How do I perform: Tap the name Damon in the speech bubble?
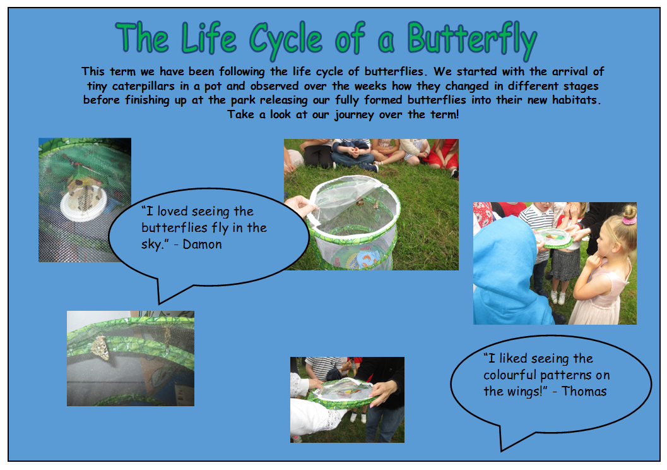[x=202, y=244]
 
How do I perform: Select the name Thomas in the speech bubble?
[x=584, y=391]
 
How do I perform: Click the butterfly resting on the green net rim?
[x=100, y=348]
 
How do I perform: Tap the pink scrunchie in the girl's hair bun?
[x=629, y=220]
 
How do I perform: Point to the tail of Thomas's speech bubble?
[x=502, y=450]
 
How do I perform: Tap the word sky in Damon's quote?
[x=151, y=245]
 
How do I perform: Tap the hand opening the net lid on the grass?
[x=300, y=206]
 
